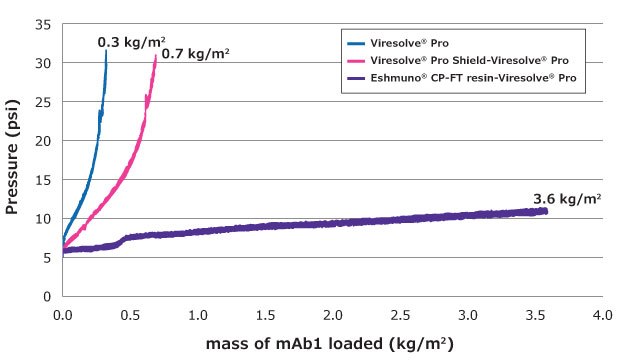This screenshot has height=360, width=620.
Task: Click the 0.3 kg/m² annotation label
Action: coord(131,42)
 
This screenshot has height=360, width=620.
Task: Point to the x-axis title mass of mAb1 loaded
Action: coord(329,344)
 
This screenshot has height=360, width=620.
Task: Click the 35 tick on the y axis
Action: coord(44,23)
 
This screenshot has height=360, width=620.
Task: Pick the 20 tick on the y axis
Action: coord(44,140)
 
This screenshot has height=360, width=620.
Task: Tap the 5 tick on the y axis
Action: coord(48,257)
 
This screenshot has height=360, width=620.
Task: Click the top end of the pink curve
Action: coord(156,57)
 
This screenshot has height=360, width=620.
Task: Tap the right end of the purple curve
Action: coord(546,210)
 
